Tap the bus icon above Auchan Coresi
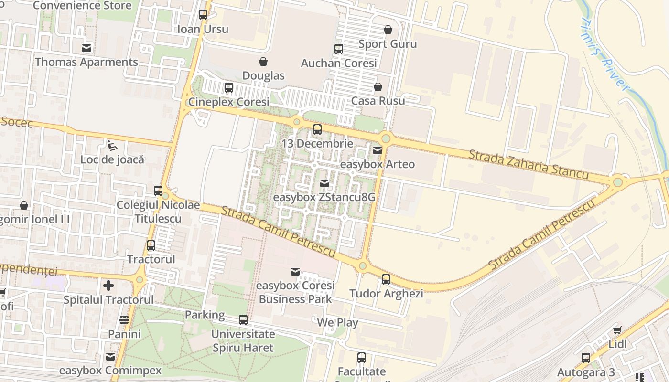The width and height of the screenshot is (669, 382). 338,49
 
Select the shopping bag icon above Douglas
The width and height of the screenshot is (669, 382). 263,61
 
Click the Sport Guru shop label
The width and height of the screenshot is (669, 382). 388,44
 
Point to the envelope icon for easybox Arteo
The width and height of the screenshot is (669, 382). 378,150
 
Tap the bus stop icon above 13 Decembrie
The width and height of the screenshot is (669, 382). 317,129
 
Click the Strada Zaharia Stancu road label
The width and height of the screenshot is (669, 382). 528,165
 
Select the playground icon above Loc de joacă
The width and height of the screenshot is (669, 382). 112,145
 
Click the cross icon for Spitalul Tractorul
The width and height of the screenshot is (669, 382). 108,286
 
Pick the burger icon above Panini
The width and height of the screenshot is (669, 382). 124,319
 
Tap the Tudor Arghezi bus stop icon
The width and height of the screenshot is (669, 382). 386,279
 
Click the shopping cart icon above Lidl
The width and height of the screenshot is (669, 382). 617,329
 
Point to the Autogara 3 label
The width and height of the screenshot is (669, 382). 586,372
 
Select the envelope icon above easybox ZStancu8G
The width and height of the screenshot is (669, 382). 324,183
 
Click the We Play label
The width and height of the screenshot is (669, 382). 337,322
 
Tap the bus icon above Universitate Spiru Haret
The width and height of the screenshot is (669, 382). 243,319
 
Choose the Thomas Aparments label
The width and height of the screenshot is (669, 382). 86,62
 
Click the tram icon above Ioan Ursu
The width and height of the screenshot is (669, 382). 203,14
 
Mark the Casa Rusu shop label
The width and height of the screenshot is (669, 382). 378,101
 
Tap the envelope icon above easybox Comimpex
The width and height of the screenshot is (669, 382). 110,356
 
